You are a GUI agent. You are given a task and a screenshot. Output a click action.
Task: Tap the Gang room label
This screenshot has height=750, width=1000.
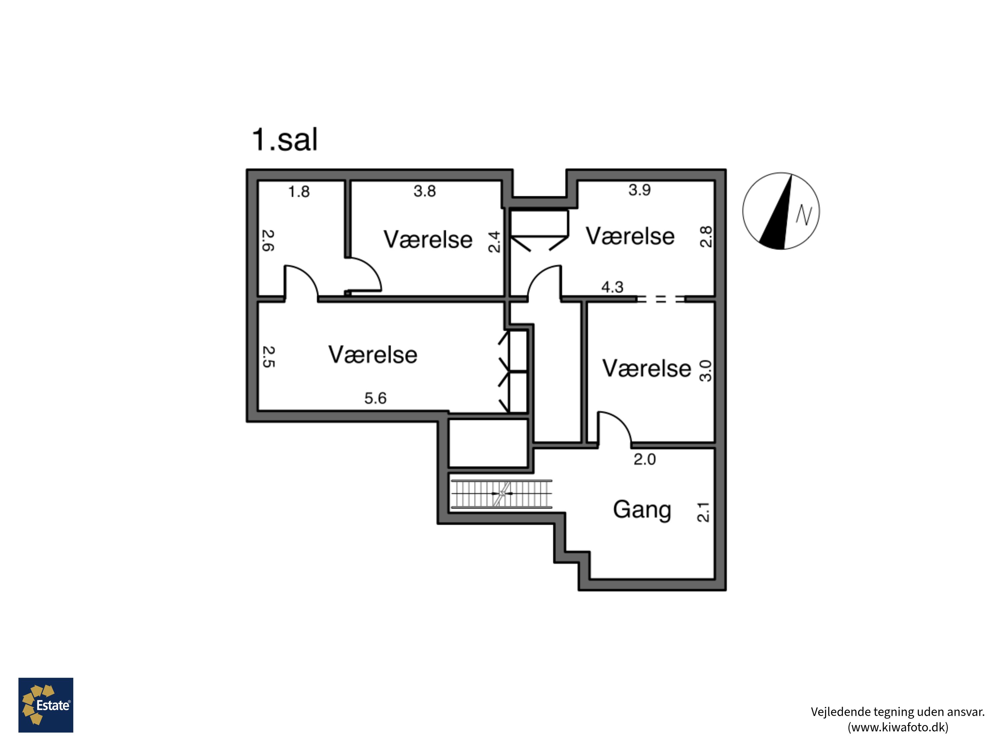[x=642, y=509]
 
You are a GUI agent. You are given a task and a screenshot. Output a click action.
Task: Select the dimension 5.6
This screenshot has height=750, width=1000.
[x=375, y=398]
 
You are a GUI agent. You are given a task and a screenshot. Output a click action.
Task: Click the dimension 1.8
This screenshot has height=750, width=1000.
[x=299, y=192]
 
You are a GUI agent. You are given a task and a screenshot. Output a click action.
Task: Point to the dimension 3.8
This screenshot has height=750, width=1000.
[x=425, y=191]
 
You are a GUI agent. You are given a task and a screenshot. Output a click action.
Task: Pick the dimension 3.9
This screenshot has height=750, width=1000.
[x=639, y=190]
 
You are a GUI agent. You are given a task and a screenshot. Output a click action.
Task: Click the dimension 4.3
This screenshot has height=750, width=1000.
[x=612, y=287]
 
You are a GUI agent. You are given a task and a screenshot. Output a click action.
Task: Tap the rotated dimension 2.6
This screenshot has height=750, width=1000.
[x=268, y=241]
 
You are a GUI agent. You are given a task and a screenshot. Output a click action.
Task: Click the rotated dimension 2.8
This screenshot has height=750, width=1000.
[x=706, y=236]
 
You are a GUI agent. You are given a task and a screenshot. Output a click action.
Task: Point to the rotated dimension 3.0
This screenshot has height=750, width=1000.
[x=705, y=371]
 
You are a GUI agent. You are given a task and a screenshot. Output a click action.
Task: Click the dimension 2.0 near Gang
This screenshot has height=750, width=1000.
[x=644, y=459]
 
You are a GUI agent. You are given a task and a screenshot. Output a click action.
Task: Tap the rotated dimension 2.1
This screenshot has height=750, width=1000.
[x=703, y=512]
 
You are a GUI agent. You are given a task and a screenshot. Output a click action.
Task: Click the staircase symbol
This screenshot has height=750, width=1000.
[x=501, y=494]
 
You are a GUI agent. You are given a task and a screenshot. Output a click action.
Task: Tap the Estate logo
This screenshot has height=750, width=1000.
[x=46, y=705]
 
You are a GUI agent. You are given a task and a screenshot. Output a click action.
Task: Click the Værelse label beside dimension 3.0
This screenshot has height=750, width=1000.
[x=646, y=368]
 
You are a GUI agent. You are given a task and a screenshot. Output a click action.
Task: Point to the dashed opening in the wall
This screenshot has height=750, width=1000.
[x=660, y=299]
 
